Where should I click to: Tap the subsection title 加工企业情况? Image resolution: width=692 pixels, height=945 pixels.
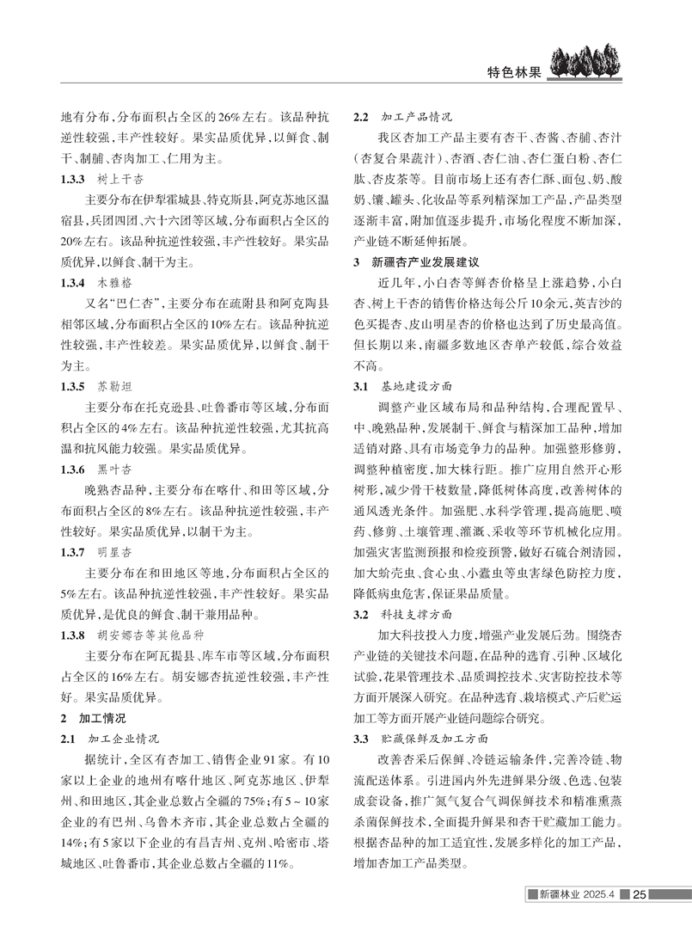pyautogui.click(x=124, y=739)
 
